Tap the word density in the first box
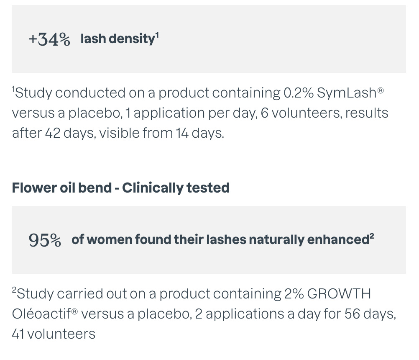pyautogui.click(x=132, y=39)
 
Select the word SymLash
pyautogui.click(x=347, y=93)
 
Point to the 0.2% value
pyautogui.click(x=299, y=93)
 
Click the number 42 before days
pyautogui.click(x=53, y=133)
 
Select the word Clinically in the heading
pyautogui.click(x=153, y=188)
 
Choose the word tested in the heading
pyautogui.click(x=208, y=188)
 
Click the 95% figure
pyautogui.click(x=45, y=240)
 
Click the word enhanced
pyautogui.click(x=338, y=239)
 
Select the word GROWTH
pyautogui.click(x=339, y=294)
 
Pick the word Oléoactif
pyautogui.click(x=41, y=314)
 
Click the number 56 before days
pyautogui.click(x=353, y=314)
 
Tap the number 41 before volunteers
pyautogui.click(x=18, y=334)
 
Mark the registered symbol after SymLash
pyautogui.click(x=381, y=91)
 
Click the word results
pyautogui.click(x=367, y=113)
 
